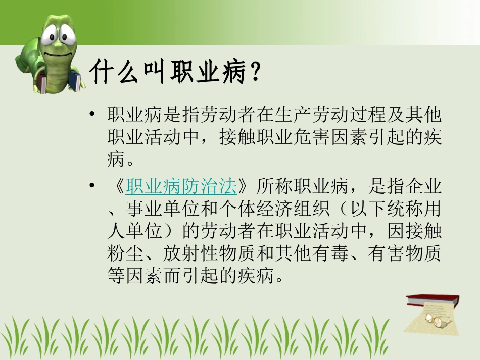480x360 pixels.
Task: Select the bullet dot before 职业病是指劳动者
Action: tap(91, 114)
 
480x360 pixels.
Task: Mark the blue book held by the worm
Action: tap(75, 80)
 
